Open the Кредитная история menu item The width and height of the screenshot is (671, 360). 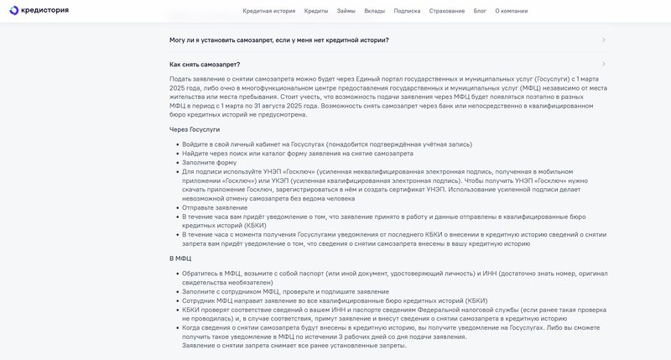(x=269, y=11)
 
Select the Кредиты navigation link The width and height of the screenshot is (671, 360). (x=316, y=11)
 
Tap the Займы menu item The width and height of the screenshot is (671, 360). (x=346, y=11)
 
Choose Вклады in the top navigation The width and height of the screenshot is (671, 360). (x=375, y=11)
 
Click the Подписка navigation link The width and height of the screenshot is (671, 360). (x=407, y=11)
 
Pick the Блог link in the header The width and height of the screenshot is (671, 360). (x=480, y=11)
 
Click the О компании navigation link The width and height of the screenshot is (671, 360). (x=511, y=11)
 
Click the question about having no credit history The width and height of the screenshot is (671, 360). (x=279, y=39)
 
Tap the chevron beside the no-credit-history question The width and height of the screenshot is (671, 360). (x=604, y=39)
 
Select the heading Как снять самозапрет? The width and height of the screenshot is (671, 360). (x=205, y=64)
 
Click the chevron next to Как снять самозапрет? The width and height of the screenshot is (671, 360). (x=604, y=64)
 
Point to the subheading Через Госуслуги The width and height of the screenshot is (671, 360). (x=195, y=129)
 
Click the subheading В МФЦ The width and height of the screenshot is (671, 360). (x=180, y=258)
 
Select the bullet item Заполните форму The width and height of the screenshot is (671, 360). (x=210, y=163)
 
